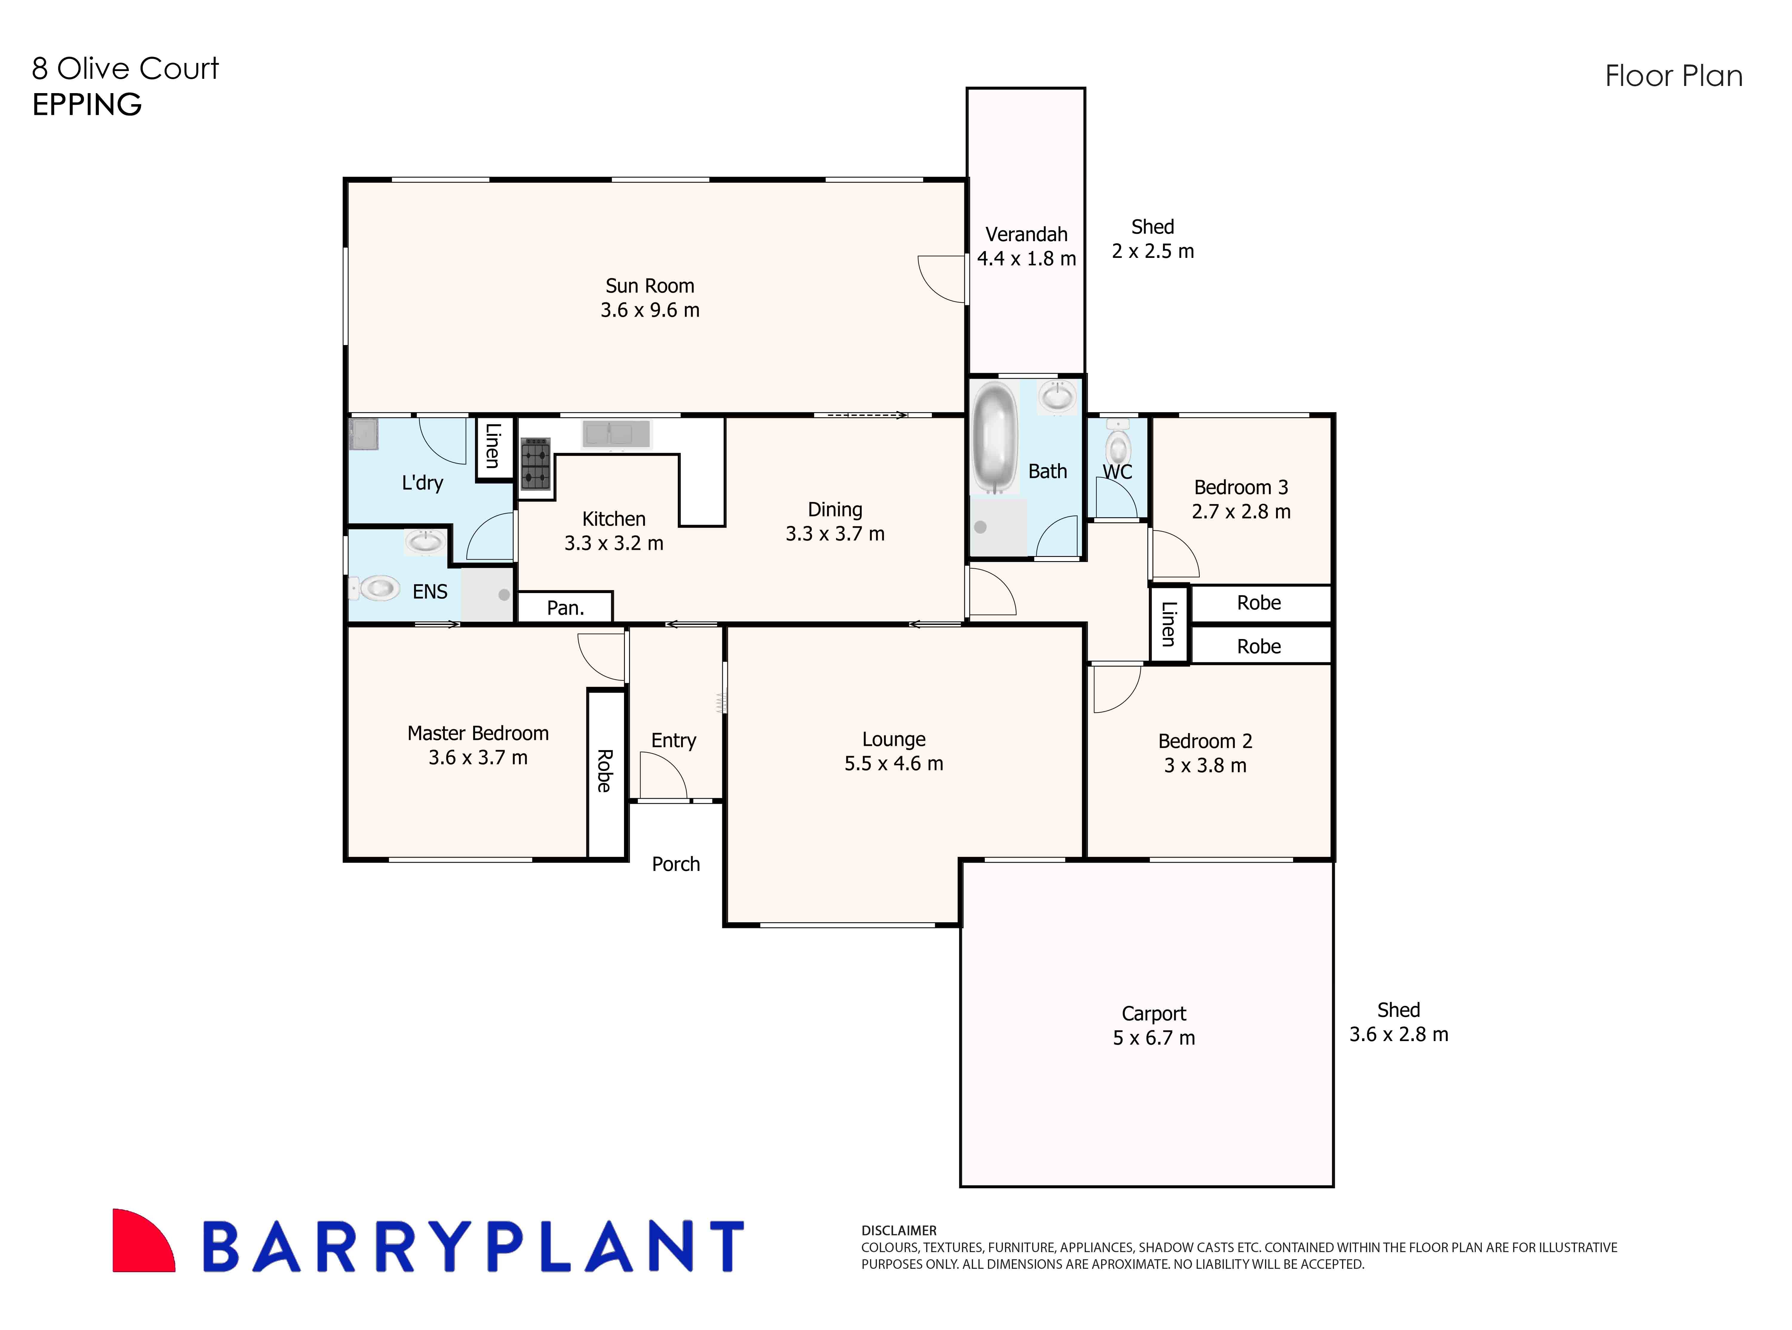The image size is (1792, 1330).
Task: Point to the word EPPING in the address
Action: coord(87,105)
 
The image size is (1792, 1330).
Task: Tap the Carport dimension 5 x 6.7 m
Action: coord(1153,1038)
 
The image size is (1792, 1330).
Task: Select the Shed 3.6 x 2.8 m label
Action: coord(1398,1023)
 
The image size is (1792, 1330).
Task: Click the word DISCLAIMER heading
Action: coord(899,1230)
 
